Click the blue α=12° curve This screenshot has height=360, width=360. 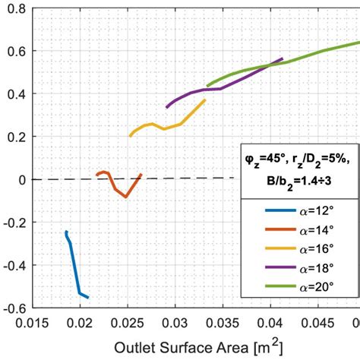[x=74, y=266]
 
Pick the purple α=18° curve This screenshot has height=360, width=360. [x=220, y=89]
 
